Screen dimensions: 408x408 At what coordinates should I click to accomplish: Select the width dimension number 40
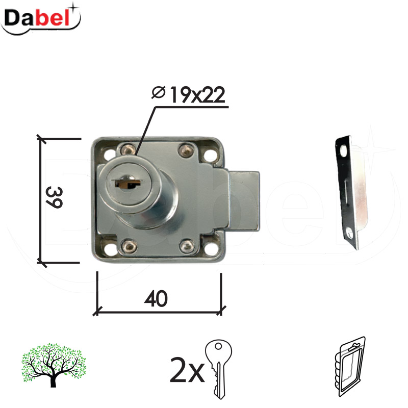tap(156, 299)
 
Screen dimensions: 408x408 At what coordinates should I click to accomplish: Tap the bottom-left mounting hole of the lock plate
tap(110, 248)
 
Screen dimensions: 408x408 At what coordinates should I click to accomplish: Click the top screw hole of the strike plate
tap(342, 148)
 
